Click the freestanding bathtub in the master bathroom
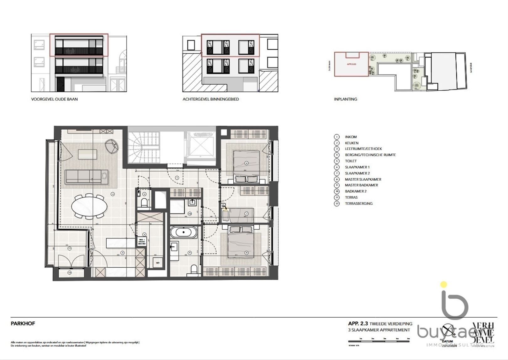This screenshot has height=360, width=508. coord(184,233)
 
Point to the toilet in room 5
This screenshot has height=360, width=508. coord(144,203)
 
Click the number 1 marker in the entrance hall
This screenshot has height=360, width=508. coord(177,178)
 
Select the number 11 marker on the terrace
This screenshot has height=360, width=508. coord(69,248)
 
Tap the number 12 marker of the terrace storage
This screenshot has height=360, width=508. coord(69,273)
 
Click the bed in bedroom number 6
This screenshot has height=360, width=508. coord(246,163)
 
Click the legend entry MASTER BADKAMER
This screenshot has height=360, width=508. coord(361,185)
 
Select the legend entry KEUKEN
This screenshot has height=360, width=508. coord(352,143)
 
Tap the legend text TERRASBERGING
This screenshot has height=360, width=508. coord(359,203)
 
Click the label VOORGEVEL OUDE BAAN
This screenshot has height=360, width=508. coord(54,99)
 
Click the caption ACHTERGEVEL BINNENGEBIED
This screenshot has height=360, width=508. coord(211,99)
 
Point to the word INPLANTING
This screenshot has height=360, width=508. coord(345,99)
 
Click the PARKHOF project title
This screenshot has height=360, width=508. coord(23,324)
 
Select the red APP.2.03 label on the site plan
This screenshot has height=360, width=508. coord(351,64)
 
